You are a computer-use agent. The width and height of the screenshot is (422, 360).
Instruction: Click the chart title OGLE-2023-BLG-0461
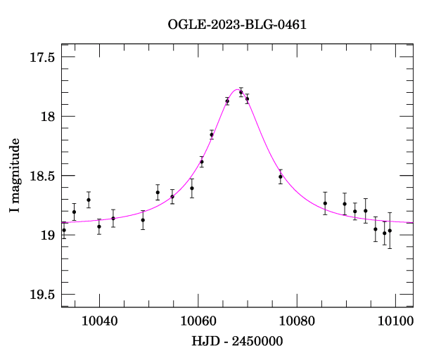tap(237, 25)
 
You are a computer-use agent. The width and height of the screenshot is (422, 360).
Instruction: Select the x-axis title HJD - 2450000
tap(236, 341)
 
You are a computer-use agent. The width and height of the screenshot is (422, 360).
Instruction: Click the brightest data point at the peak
tap(241, 92)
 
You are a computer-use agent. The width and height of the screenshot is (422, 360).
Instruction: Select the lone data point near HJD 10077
tap(280, 176)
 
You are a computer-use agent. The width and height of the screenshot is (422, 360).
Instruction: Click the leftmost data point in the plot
tap(64, 230)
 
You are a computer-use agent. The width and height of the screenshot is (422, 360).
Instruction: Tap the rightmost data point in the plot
tap(390, 230)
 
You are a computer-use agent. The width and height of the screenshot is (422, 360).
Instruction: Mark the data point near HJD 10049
tap(143, 220)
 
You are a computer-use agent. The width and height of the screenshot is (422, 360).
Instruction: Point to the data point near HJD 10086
tap(325, 203)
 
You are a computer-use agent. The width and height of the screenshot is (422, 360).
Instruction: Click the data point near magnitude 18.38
tap(202, 162)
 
